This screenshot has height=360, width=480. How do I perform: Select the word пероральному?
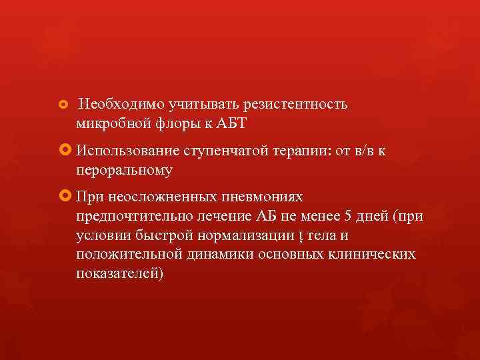[x=125, y=171]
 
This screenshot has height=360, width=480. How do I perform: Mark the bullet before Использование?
[x=65, y=151]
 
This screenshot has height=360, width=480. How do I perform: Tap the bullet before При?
[x=65, y=198]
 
